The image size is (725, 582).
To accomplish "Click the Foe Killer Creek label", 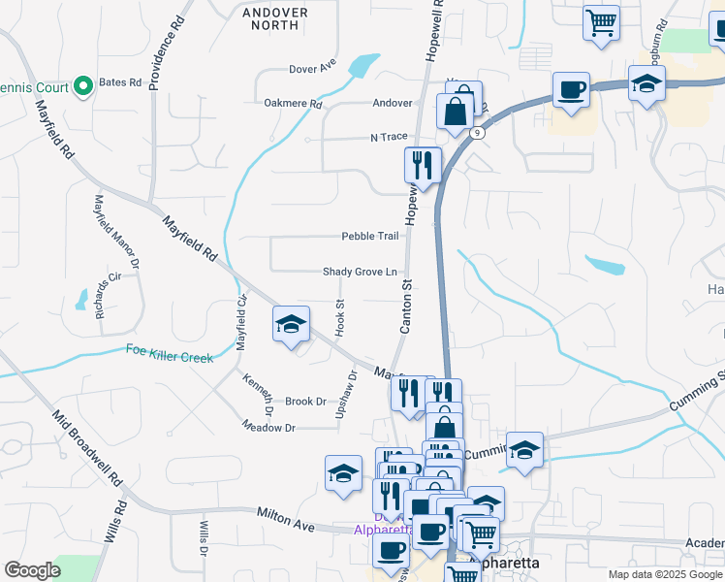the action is tap(170, 356).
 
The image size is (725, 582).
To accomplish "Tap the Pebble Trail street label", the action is tap(369, 236).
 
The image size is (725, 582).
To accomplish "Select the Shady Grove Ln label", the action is tap(360, 273).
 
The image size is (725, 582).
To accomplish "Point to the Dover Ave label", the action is tap(312, 69).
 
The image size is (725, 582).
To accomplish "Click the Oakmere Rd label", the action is tap(292, 103).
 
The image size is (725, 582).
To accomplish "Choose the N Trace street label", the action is tap(389, 138).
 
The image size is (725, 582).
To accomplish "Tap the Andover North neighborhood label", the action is tap(274, 18).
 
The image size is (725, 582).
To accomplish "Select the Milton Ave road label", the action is tap(286, 520).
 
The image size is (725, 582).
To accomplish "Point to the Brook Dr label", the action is tap(304, 401).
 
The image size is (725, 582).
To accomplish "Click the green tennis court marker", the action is tap(83, 86).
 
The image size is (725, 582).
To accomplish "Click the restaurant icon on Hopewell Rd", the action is tap(423, 164).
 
